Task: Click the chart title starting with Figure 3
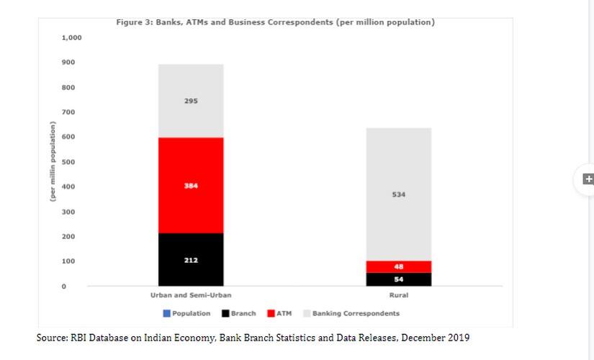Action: [275, 22]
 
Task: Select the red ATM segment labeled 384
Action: [191, 185]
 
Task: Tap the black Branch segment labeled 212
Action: [191, 259]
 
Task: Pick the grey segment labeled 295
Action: [191, 101]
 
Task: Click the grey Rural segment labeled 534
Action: [398, 194]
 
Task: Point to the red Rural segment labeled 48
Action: [398, 266]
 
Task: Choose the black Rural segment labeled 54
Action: [398, 279]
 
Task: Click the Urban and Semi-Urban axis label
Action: [191, 296]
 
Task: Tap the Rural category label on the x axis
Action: [398, 296]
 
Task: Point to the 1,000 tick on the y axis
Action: [71, 37]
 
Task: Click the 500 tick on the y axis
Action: [68, 162]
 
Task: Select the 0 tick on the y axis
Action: [63, 287]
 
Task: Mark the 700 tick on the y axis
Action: [68, 112]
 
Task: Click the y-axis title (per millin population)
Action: [53, 163]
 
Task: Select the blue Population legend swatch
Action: [166, 313]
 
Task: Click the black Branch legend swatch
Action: [225, 313]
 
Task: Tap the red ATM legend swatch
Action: [271, 313]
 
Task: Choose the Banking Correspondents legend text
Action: [356, 313]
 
